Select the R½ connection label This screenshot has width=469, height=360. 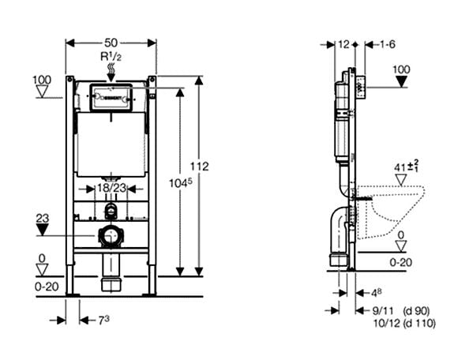[110, 57]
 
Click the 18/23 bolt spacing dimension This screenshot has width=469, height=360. [111, 189]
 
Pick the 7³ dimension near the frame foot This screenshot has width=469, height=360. [103, 319]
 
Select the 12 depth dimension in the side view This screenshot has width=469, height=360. [343, 45]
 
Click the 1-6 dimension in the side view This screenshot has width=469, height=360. [387, 45]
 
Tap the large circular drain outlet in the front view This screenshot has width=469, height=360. [111, 236]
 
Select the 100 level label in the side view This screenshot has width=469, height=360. [402, 69]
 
